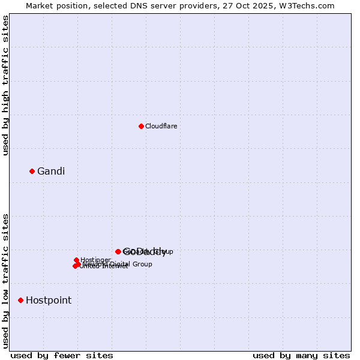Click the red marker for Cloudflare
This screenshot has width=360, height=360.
tap(141, 126)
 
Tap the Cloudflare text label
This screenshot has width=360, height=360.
tap(161, 126)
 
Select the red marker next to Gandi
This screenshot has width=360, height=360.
tap(32, 171)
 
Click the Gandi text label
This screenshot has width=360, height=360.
tap(51, 171)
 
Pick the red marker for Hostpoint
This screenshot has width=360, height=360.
tap(21, 300)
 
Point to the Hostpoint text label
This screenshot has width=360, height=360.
tap(49, 300)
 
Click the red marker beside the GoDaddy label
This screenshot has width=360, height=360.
tap(118, 251)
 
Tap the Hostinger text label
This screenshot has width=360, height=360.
tap(96, 260)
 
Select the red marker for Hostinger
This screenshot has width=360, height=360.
tap(77, 260)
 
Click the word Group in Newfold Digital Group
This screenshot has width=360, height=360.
tap(142, 264)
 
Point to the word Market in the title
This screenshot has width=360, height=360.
tap(39, 5)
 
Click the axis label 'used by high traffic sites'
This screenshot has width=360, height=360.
tap(6, 85)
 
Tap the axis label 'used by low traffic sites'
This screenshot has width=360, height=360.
tap(6, 280)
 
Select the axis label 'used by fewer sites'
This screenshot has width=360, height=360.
tap(62, 355)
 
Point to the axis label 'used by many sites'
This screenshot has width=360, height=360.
tap(301, 355)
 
